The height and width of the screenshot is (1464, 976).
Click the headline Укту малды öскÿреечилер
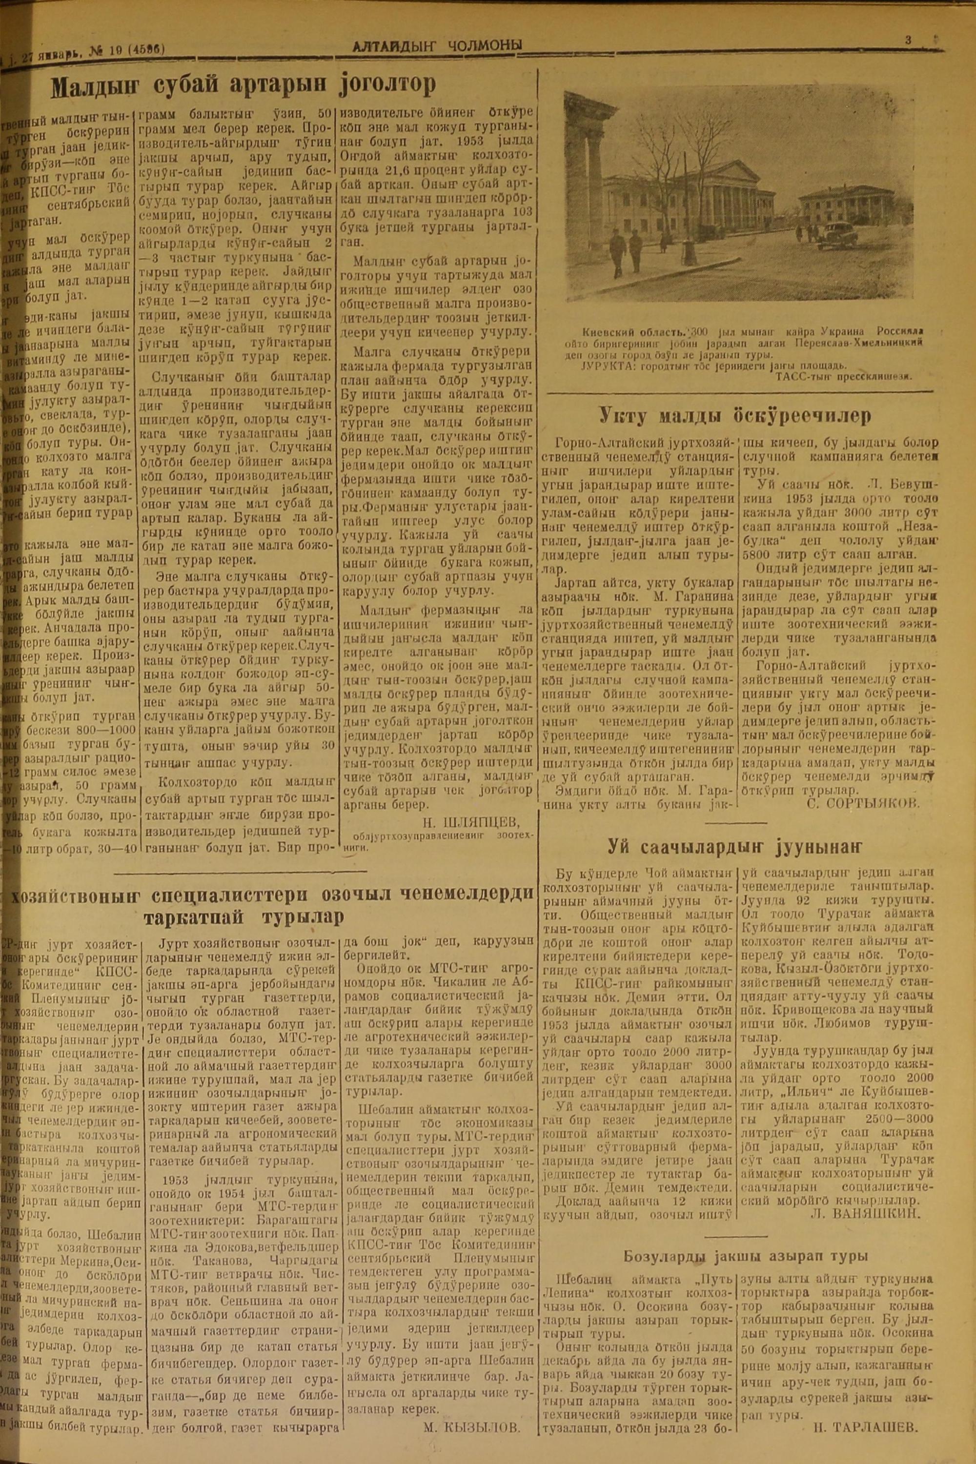point(734,415)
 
